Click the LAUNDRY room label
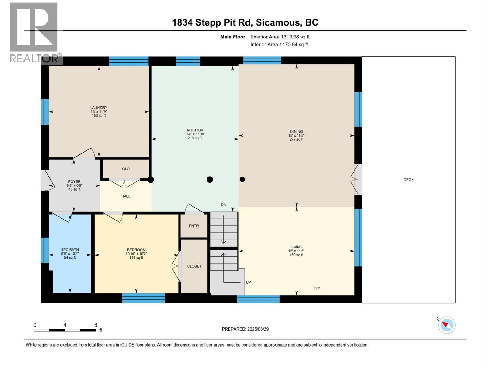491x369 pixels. (x=99, y=108)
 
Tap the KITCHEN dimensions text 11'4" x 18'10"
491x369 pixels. (x=195, y=134)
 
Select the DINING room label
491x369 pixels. (x=296, y=131)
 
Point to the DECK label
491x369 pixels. (x=408, y=180)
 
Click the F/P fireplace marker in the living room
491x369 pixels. (x=317, y=288)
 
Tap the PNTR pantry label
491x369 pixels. (x=194, y=226)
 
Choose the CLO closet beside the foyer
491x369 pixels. (x=126, y=169)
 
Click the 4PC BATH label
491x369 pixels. (x=70, y=250)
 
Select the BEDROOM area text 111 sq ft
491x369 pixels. (x=136, y=258)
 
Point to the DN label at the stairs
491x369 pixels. (x=223, y=205)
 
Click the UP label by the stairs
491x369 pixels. (x=248, y=282)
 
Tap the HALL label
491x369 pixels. (x=126, y=196)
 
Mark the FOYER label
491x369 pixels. (x=74, y=182)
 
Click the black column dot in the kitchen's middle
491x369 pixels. (x=210, y=179)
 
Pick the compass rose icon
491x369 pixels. (x=447, y=325)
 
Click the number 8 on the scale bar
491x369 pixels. (x=96, y=325)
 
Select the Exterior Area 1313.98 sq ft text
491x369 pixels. (x=280, y=37)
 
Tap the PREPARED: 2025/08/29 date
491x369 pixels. (x=245, y=329)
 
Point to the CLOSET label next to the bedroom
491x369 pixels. (x=194, y=266)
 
